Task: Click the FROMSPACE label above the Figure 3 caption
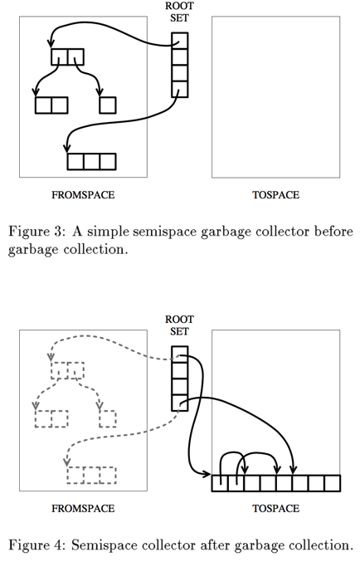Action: pyautogui.click(x=83, y=195)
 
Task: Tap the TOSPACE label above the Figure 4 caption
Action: pyautogui.click(x=275, y=508)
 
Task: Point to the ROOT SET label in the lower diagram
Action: pyautogui.click(x=179, y=325)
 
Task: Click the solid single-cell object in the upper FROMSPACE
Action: pyautogui.click(x=107, y=105)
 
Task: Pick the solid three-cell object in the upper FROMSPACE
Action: pyautogui.click(x=91, y=161)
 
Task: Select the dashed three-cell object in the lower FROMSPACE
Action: pyautogui.click(x=91, y=475)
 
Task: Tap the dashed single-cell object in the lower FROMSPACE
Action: pyautogui.click(x=107, y=418)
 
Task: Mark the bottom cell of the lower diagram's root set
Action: pyautogui.click(x=180, y=403)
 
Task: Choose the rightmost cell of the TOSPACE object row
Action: pyautogui.click(x=332, y=483)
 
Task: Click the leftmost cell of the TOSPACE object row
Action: pyautogui.click(x=220, y=483)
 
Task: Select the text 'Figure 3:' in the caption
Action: pyautogui.click(x=36, y=231)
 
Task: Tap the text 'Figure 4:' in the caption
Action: pyautogui.click(x=36, y=545)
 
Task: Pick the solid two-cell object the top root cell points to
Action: pyautogui.click(x=67, y=57)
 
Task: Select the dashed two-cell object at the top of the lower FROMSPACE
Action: pyautogui.click(x=67, y=370)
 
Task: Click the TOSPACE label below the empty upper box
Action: pyautogui.click(x=275, y=195)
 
